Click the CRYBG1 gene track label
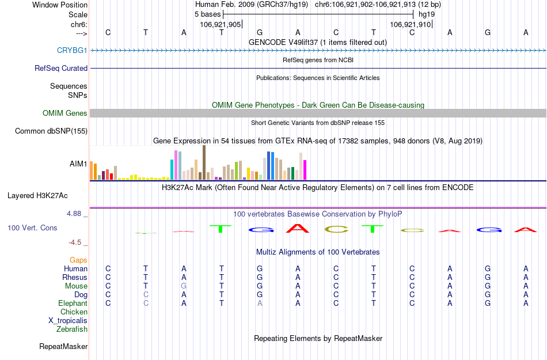(72, 51)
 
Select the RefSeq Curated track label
(61, 68)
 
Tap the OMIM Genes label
(65, 113)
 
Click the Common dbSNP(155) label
(51, 131)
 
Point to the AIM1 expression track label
(78, 164)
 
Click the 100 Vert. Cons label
(32, 228)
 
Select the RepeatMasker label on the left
(63, 347)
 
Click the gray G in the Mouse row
(184, 286)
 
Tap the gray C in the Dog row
(146, 295)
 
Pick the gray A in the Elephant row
(260, 304)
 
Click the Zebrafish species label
(72, 329)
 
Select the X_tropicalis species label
(68, 321)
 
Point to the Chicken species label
(74, 312)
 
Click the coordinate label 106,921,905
(221, 25)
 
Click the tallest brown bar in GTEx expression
(204, 162)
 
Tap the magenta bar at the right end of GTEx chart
(305, 169)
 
